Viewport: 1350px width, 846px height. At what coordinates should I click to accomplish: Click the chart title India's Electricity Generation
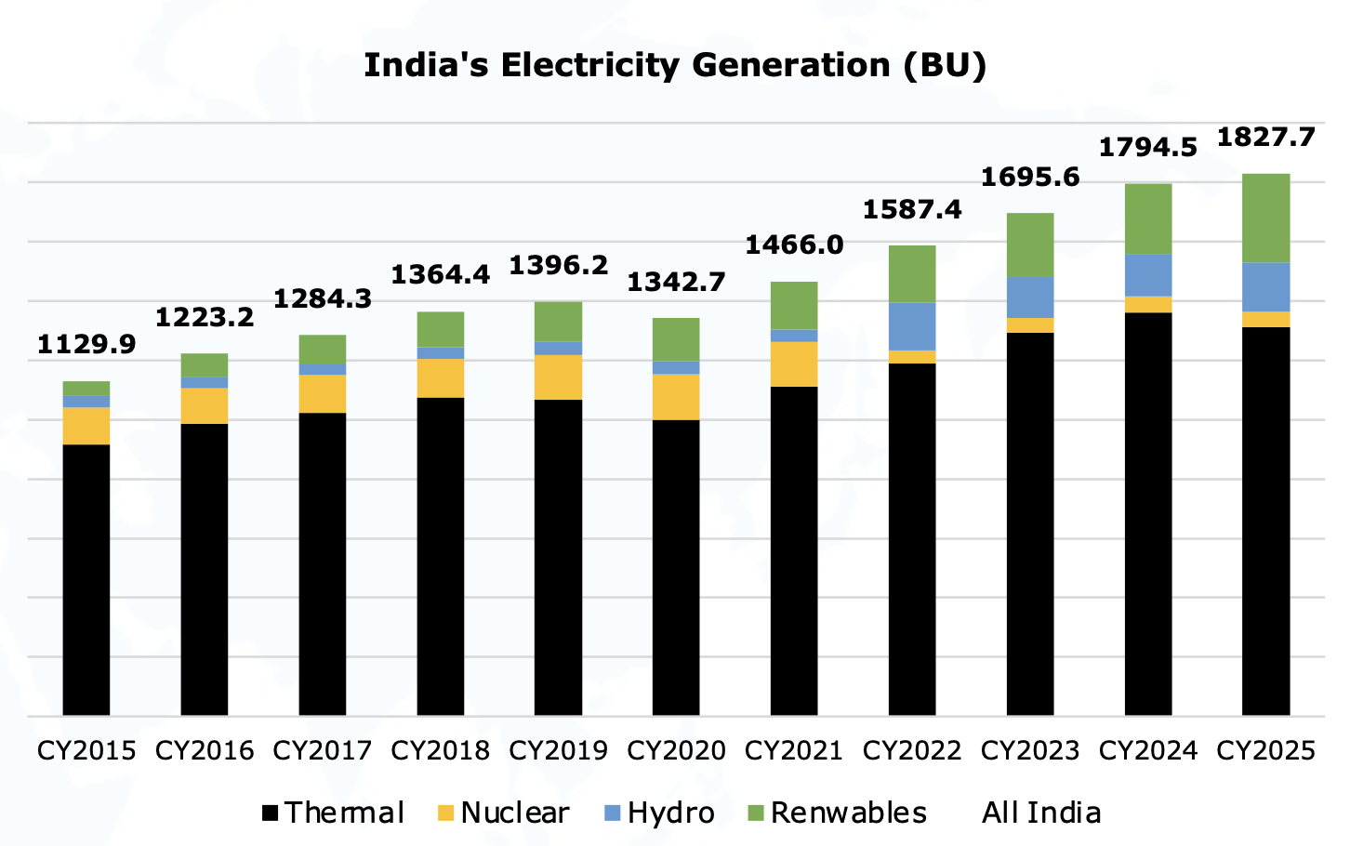click(674, 66)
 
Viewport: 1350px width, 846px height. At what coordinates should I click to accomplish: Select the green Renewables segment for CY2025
click(1265, 218)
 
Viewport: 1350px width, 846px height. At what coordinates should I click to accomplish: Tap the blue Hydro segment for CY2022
click(912, 326)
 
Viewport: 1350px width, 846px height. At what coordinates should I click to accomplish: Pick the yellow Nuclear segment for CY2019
click(558, 377)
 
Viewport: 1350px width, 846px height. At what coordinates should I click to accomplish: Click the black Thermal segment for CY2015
click(86, 579)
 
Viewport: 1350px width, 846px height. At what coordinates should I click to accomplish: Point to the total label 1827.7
click(1265, 138)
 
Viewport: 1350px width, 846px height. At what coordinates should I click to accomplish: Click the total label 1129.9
click(86, 345)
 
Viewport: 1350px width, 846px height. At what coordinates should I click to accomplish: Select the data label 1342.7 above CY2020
click(676, 282)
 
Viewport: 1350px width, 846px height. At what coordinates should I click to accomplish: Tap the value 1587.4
click(912, 210)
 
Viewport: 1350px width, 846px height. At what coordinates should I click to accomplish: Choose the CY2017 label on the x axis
click(322, 750)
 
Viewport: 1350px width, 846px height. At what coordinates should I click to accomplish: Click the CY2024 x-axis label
click(1148, 750)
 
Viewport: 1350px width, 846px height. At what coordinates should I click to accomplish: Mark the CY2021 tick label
click(794, 750)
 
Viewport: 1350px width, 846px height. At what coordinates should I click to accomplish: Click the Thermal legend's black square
click(271, 813)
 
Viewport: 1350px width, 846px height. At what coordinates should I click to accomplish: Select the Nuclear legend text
click(514, 813)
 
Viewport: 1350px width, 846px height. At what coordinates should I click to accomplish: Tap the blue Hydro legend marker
click(612, 813)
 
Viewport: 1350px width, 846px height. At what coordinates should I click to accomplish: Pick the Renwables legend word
click(848, 813)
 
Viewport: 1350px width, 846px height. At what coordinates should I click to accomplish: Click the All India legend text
click(1041, 813)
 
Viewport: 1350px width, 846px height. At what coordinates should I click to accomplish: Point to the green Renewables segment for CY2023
click(1030, 245)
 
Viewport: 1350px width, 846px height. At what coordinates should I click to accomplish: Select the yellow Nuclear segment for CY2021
click(794, 364)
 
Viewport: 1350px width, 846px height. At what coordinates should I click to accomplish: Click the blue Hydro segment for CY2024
click(1148, 275)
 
